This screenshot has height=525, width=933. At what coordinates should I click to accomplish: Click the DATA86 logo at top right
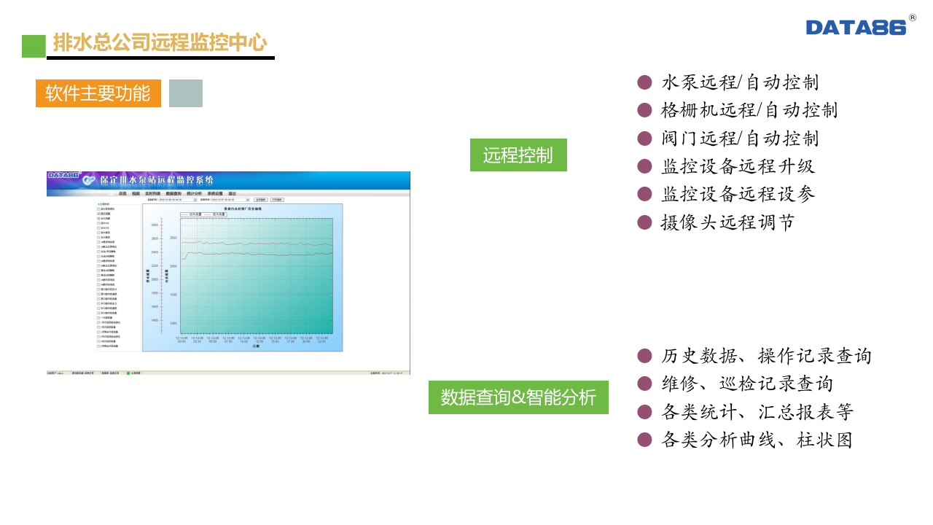pyautogui.click(x=856, y=27)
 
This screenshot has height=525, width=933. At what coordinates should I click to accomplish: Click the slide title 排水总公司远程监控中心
pyautogui.click(x=160, y=43)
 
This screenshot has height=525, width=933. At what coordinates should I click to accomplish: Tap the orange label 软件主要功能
pyautogui.click(x=98, y=93)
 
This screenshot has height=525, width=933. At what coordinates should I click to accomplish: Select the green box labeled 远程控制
pyautogui.click(x=518, y=155)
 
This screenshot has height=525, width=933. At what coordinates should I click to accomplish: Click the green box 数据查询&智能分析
pyautogui.click(x=518, y=397)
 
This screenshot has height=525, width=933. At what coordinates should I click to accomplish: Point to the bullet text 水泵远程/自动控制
pyautogui.click(x=740, y=82)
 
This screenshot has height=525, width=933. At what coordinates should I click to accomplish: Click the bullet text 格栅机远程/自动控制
pyautogui.click(x=749, y=110)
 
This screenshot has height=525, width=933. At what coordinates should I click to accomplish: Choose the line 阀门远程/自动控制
pyautogui.click(x=740, y=139)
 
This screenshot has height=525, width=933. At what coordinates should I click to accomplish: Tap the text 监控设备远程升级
pyautogui.click(x=738, y=166)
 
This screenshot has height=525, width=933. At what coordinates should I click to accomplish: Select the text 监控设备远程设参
pyautogui.click(x=738, y=194)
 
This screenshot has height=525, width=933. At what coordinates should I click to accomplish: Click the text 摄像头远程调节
pyautogui.click(x=727, y=222)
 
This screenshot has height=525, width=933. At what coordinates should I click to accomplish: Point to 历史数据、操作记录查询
pyautogui.click(x=766, y=356)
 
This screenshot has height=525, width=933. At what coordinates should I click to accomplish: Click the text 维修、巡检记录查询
pyautogui.click(x=746, y=384)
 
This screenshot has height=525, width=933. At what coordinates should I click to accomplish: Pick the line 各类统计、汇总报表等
pyautogui.click(x=757, y=412)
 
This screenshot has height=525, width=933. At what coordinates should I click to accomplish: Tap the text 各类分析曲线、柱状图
pyautogui.click(x=757, y=440)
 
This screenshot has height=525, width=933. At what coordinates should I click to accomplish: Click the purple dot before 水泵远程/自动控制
pyautogui.click(x=644, y=82)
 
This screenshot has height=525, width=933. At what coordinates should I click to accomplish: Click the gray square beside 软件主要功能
pyautogui.click(x=186, y=93)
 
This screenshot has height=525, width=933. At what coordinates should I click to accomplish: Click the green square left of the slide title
pyautogui.click(x=34, y=46)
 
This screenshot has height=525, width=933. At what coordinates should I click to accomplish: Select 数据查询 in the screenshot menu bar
pyautogui.click(x=173, y=193)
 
